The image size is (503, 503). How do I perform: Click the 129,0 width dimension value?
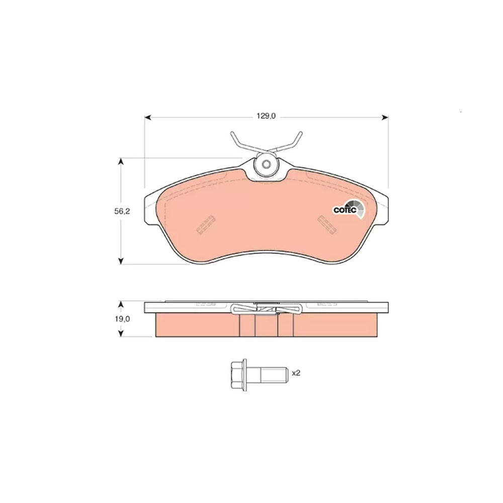[266, 116]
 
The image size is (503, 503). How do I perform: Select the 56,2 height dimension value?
[122, 211]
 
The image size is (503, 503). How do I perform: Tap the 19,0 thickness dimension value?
[122, 319]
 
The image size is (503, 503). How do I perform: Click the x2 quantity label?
[296, 373]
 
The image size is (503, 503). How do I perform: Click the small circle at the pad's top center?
[266, 164]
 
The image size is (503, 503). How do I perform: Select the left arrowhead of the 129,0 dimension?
[147, 118]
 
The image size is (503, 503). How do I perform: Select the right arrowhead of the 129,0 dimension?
[385, 118]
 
